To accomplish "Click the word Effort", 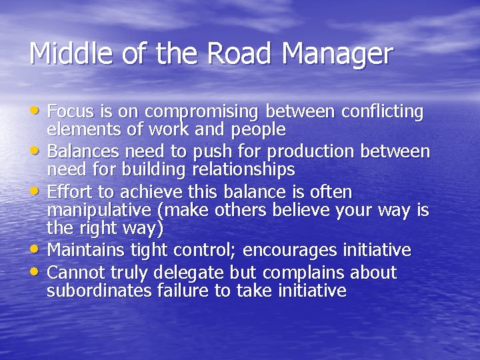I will [x=69, y=192].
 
